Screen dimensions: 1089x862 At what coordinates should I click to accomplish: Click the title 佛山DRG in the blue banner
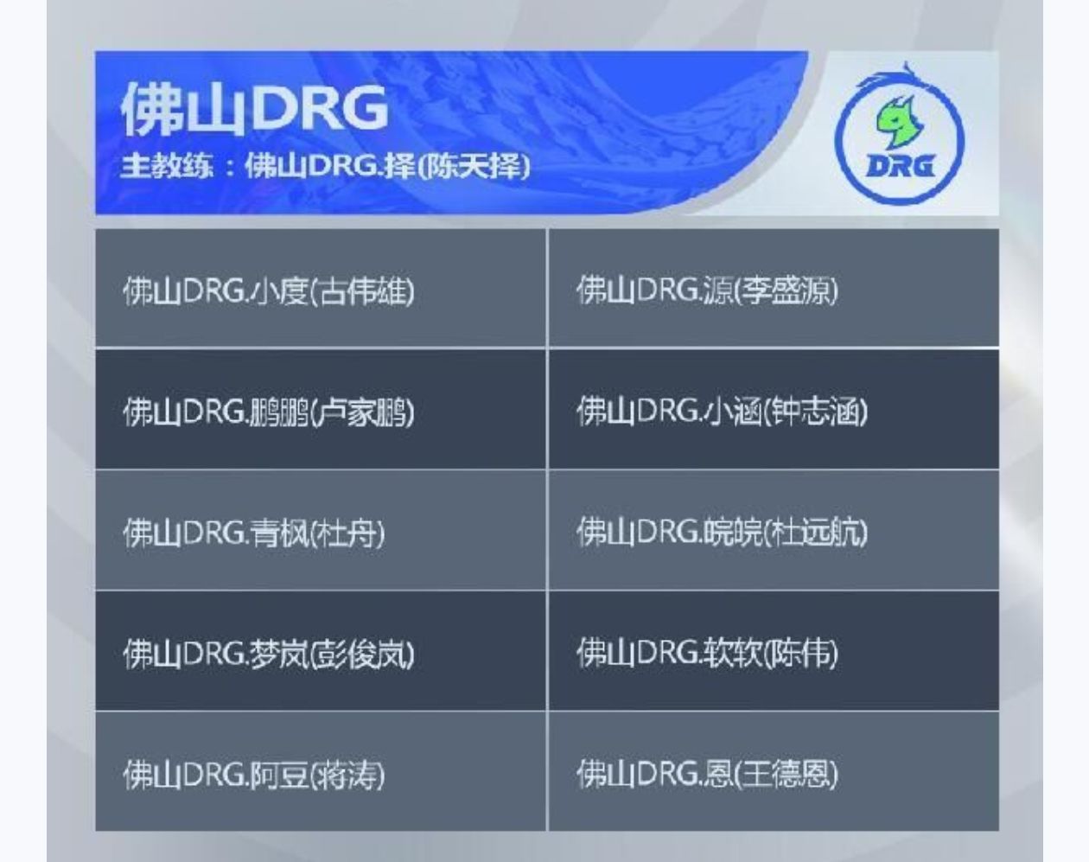coord(255,109)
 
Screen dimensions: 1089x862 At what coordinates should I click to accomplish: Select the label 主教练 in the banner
coord(167,166)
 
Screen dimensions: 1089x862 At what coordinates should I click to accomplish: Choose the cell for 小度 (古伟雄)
coord(320,288)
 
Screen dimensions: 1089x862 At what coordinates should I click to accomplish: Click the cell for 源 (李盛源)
coord(774,288)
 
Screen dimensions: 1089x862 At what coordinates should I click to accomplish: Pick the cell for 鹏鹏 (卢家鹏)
coord(320,409)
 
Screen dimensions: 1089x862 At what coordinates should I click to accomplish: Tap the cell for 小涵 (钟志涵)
coord(774,409)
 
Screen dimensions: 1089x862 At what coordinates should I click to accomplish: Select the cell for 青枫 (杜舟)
coord(320,531)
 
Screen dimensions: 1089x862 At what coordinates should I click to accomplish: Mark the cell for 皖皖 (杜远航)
coord(774,531)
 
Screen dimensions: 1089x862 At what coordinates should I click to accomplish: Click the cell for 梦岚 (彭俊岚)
coord(320,651)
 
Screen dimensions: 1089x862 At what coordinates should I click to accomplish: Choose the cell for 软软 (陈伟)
coord(774,651)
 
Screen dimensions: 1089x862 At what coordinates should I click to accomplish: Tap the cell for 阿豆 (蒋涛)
coord(320,771)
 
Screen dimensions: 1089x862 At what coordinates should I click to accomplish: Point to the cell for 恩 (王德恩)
coord(774,771)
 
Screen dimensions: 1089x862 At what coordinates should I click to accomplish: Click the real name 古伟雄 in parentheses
coord(362,291)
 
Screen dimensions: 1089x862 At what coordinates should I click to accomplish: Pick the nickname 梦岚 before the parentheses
coord(277,654)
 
